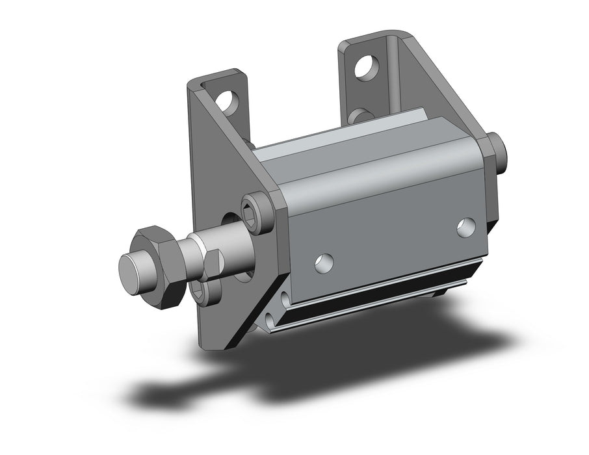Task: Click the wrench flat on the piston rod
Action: (x=209, y=263)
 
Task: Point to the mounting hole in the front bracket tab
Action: (x=228, y=101)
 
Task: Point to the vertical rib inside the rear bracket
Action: (x=395, y=71)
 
